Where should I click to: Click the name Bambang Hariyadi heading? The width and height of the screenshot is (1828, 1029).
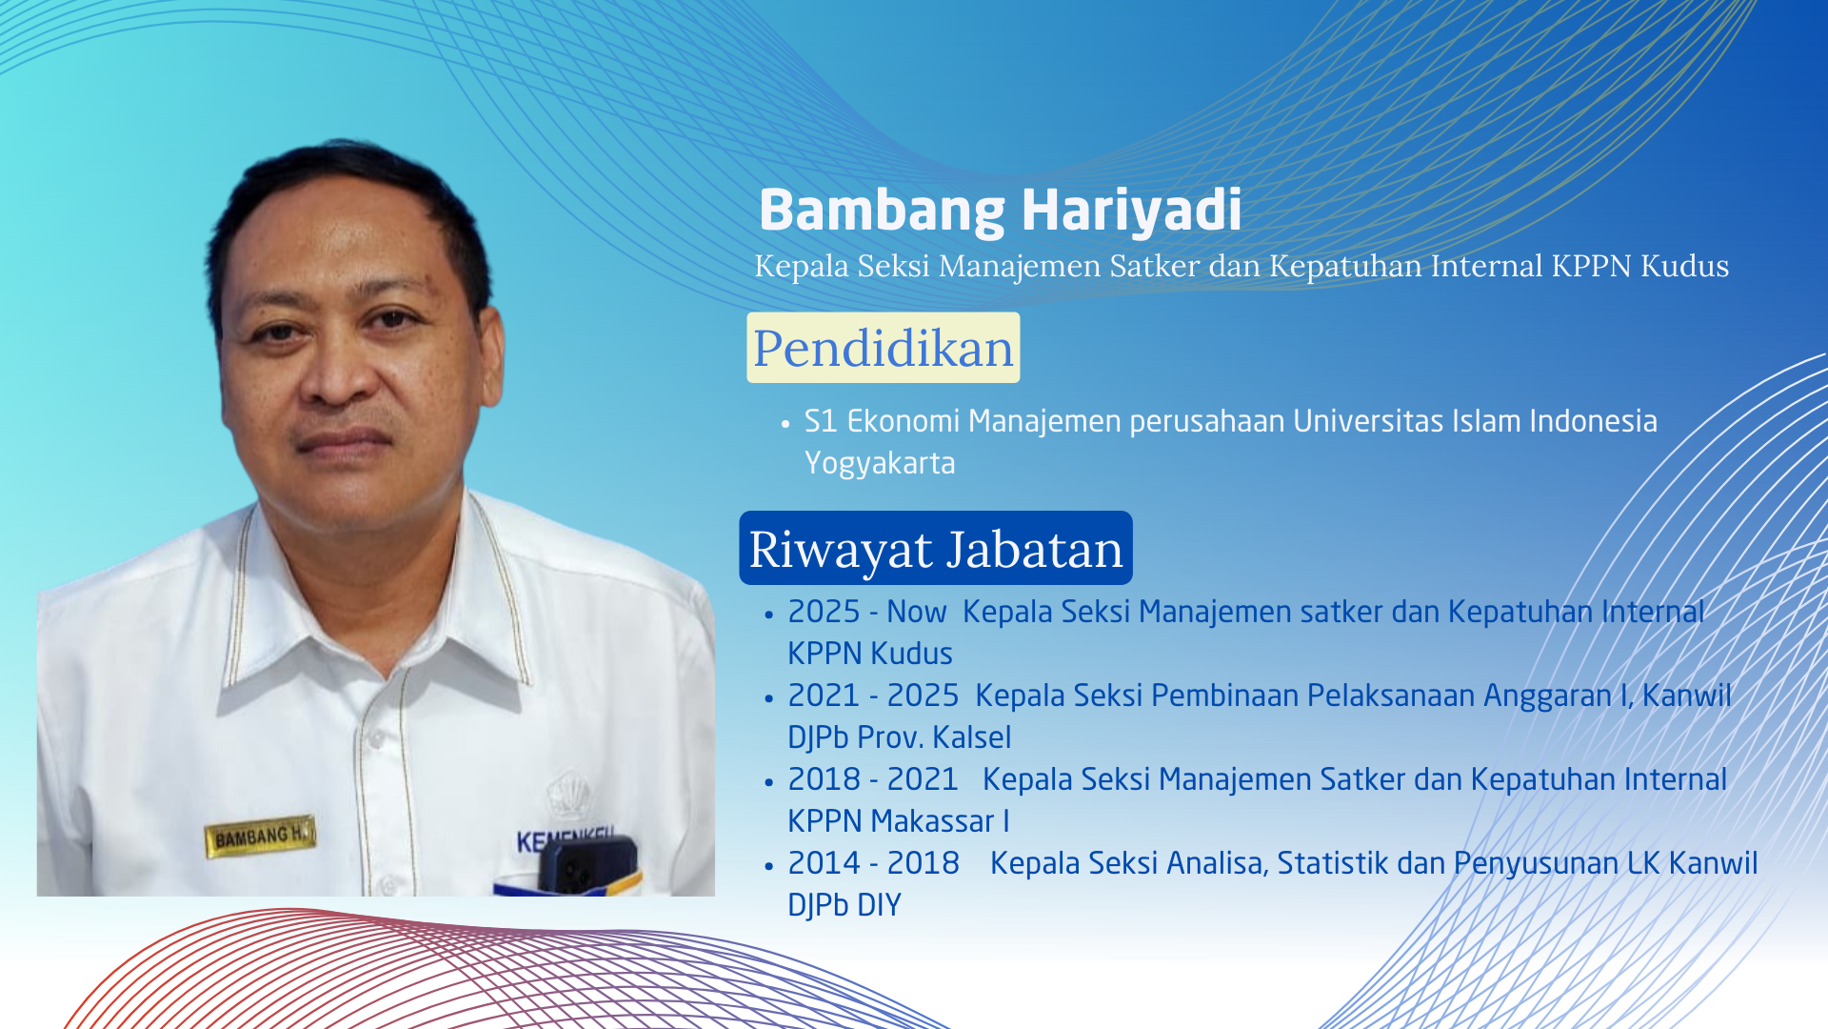pos(1000,210)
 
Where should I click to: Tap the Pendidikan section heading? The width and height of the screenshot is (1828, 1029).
pos(884,348)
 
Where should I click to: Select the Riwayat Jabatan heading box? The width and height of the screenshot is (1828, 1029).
pos(936,548)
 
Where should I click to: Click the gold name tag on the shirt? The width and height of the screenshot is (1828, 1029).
pos(259,837)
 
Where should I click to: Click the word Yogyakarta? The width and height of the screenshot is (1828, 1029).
pos(880,463)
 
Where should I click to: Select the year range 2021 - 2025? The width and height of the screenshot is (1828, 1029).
pos(873,696)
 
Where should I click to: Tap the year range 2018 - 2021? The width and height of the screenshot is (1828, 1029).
pos(873,779)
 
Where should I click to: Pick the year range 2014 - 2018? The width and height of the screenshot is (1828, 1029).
pos(873,863)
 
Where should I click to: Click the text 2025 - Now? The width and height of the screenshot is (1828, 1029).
pos(867,612)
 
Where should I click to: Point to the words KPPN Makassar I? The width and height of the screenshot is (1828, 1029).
pos(899,821)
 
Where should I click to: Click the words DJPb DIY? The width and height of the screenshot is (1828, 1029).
pos(844,905)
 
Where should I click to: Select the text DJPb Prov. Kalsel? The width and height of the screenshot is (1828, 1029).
pos(900,737)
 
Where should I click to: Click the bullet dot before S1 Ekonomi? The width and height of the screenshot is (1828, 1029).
pos(785,423)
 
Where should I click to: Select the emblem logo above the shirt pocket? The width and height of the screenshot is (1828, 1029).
pos(568,796)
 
